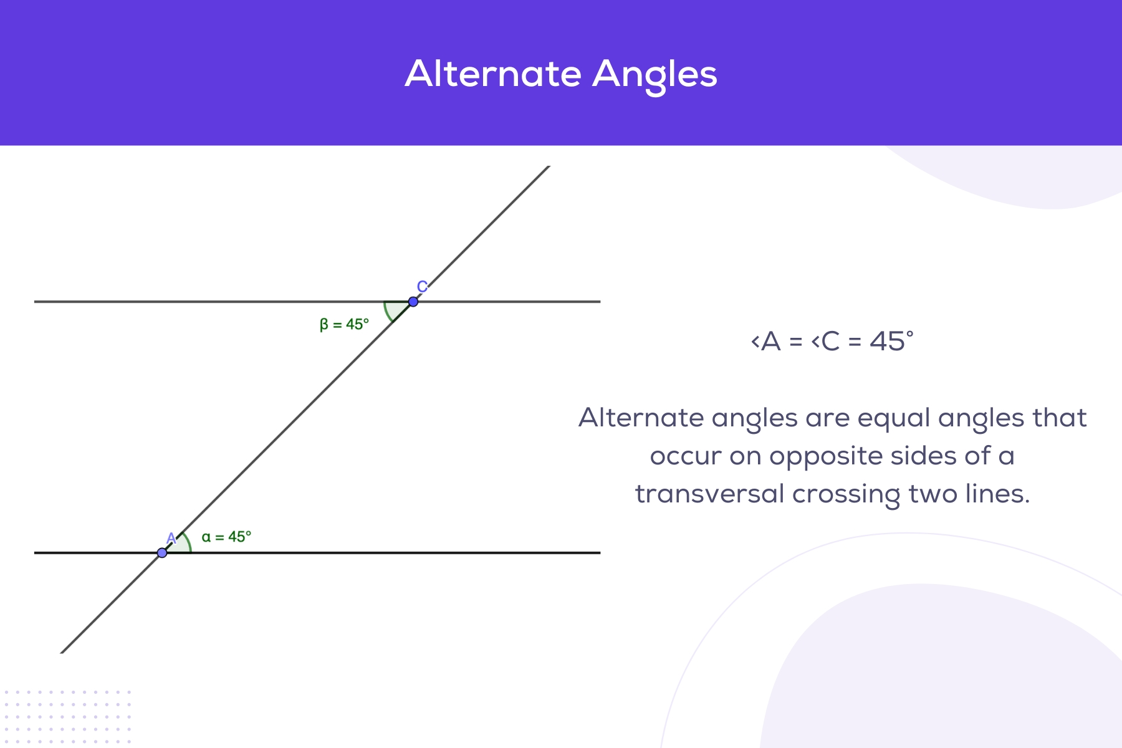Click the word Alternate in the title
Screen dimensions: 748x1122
493,74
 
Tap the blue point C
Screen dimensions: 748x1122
413,302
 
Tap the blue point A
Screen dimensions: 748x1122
162,553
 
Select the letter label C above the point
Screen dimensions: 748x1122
422,287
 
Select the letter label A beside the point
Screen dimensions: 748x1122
171,539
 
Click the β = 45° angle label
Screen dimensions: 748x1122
344,325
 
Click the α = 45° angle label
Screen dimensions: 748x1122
226,537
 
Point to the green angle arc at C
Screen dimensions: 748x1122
388,311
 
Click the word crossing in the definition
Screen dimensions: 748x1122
846,495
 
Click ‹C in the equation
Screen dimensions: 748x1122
825,342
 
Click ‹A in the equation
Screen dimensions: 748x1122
766,342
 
